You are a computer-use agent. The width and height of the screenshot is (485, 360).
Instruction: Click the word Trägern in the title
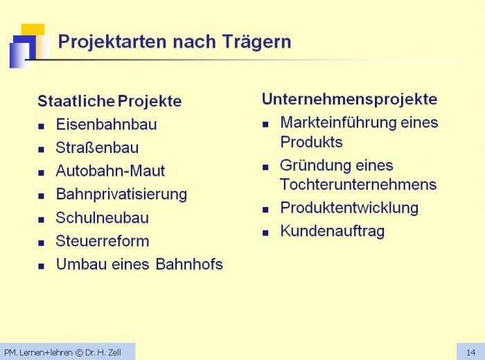pyautogui.click(x=256, y=42)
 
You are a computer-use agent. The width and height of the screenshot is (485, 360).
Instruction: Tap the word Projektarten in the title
pyautogui.click(x=113, y=42)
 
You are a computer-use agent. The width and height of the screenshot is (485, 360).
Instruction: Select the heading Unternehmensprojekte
pyautogui.click(x=349, y=100)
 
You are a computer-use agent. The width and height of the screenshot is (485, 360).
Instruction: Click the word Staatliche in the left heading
pyautogui.click(x=76, y=101)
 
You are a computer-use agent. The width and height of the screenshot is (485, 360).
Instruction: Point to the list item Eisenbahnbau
pyautogui.click(x=107, y=125)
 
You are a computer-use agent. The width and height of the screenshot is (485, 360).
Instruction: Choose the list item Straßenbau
pyautogui.click(x=97, y=147)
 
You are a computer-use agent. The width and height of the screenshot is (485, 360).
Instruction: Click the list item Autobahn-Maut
pyautogui.click(x=110, y=171)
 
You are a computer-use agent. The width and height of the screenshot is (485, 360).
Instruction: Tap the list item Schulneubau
pyautogui.click(x=103, y=217)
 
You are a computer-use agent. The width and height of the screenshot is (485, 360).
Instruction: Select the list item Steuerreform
pyautogui.click(x=103, y=241)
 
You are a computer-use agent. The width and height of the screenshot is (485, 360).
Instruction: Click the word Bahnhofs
pyautogui.click(x=189, y=264)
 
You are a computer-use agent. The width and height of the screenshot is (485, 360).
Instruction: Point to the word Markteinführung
pyautogui.click(x=339, y=123)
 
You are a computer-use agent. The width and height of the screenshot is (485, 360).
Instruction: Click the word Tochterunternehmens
pyautogui.click(x=358, y=184)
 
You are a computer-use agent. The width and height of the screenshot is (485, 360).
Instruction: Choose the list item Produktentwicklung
pyautogui.click(x=349, y=208)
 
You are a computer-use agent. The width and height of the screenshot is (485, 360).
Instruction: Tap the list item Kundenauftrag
pyautogui.click(x=333, y=231)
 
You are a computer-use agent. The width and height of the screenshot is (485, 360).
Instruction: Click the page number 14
pyautogui.click(x=470, y=352)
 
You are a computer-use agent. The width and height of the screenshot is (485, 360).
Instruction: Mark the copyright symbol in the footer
pyautogui.click(x=79, y=352)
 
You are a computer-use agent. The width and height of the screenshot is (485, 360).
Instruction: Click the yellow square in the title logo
pyautogui.click(x=33, y=30)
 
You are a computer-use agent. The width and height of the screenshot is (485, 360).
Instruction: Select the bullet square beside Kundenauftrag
pyautogui.click(x=265, y=233)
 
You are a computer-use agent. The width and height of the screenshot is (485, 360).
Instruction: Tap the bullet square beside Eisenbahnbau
pyautogui.click(x=41, y=126)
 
